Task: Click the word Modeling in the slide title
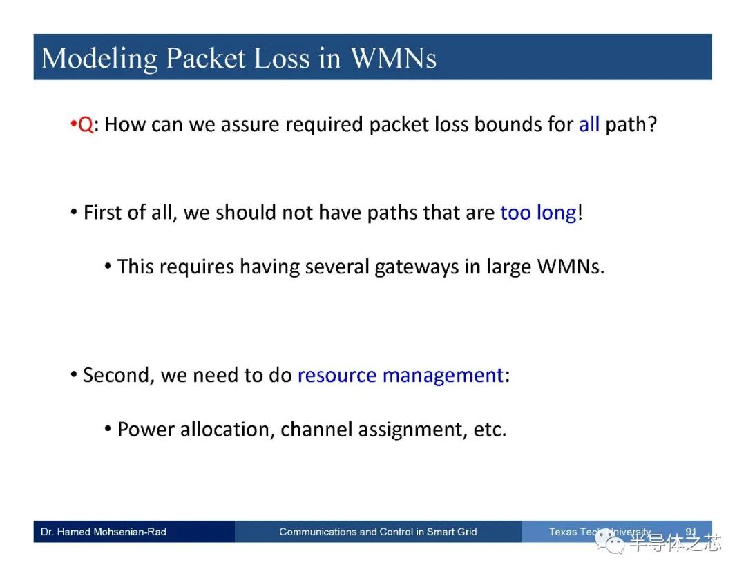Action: pyautogui.click(x=99, y=59)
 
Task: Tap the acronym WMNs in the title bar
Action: pyautogui.click(x=393, y=58)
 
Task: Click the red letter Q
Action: pyautogui.click(x=86, y=124)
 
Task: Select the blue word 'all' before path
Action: pyautogui.click(x=589, y=124)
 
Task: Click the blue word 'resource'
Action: pyautogui.click(x=337, y=375)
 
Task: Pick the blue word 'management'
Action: pyautogui.click(x=443, y=376)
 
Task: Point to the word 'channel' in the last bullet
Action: pyautogui.click(x=316, y=429)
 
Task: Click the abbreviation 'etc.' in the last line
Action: pyautogui.click(x=490, y=430)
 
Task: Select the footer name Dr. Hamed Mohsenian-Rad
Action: pyautogui.click(x=104, y=532)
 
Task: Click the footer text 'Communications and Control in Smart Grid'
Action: pyautogui.click(x=378, y=532)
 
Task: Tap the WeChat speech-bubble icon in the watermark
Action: pyautogui.click(x=611, y=541)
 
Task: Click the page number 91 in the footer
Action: pyautogui.click(x=691, y=532)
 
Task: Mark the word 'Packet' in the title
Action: pyautogui.click(x=206, y=58)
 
